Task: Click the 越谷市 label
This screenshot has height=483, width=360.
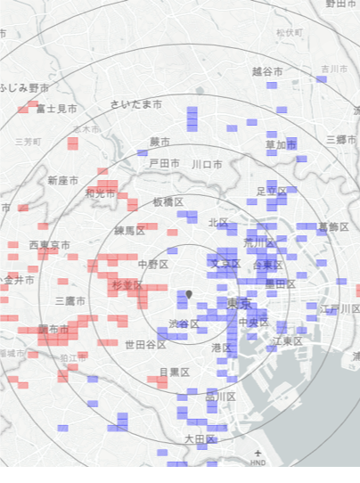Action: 267,71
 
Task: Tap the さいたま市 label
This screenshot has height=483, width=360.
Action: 136,104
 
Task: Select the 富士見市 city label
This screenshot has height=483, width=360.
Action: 56,109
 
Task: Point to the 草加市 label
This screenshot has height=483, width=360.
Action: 281,144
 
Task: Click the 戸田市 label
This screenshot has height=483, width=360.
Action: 164,164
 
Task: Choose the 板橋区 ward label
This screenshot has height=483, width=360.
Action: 169,203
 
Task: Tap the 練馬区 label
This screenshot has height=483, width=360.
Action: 128,231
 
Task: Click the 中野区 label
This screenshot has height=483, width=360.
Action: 153,264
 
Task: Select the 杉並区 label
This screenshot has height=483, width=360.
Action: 127,284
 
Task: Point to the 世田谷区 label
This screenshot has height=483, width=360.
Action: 145,345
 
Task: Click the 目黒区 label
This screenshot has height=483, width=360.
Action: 175,372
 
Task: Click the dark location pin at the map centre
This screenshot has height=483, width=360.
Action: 189,294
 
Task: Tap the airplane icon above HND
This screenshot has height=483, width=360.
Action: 258,454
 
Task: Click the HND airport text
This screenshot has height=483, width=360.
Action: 258,463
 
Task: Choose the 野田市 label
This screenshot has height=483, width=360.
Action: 340,4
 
